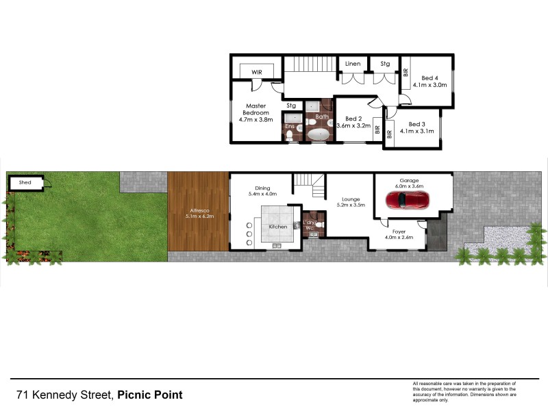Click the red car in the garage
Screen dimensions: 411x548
pyautogui.click(x=407, y=200)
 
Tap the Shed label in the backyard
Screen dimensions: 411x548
pyautogui.click(x=25, y=183)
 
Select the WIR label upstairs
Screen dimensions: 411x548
pyautogui.click(x=257, y=71)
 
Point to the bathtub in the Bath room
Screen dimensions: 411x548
pyautogui.click(x=319, y=135)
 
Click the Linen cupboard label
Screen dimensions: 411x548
pyautogui.click(x=353, y=64)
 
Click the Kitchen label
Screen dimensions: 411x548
pyautogui.click(x=277, y=226)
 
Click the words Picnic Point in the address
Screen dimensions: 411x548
pyautogui.click(x=150, y=395)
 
